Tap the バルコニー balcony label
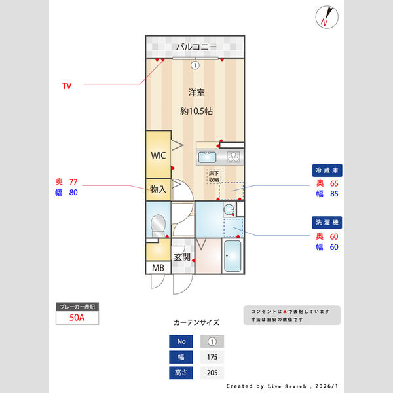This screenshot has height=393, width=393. pos(195,47)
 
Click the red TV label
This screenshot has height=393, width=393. pos(67,86)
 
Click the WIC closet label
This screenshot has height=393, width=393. pos(158,155)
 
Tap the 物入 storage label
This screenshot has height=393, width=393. pos(158,189)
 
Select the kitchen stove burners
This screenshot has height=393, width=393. pos(233,157)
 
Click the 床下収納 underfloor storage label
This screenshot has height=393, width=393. pos(214,176)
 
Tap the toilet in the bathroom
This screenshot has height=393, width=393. pos(158,225)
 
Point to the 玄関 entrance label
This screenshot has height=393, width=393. pos(182,257)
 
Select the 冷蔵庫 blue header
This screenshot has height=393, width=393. pos(327,170)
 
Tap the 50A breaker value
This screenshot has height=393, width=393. pos(78,318)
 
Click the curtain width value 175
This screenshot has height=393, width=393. pos(212,358)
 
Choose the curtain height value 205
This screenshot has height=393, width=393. pos(212,373)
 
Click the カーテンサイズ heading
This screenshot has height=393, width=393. pos(196,323)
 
